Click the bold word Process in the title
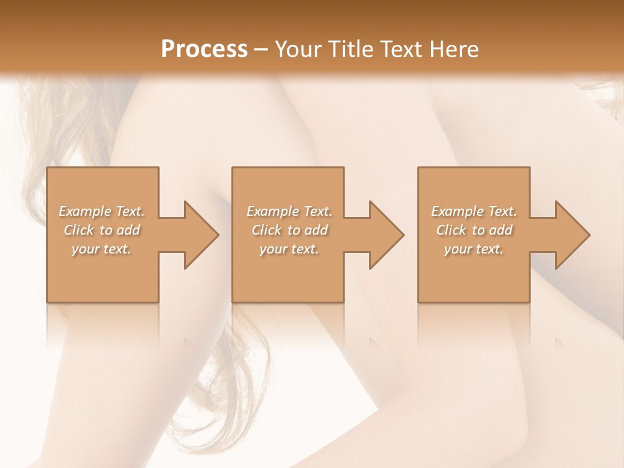point(204,49)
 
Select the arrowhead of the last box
point(571,235)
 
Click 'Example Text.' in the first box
point(102,211)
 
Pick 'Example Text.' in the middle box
point(289,211)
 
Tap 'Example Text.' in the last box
point(474,211)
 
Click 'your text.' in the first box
point(102,249)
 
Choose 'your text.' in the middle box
point(289,249)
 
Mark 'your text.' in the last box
point(474,249)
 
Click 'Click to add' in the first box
point(102,230)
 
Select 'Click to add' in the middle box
point(289,230)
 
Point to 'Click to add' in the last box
point(474,230)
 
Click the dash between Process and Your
point(261,50)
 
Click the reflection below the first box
point(103,325)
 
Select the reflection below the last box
point(474,325)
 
